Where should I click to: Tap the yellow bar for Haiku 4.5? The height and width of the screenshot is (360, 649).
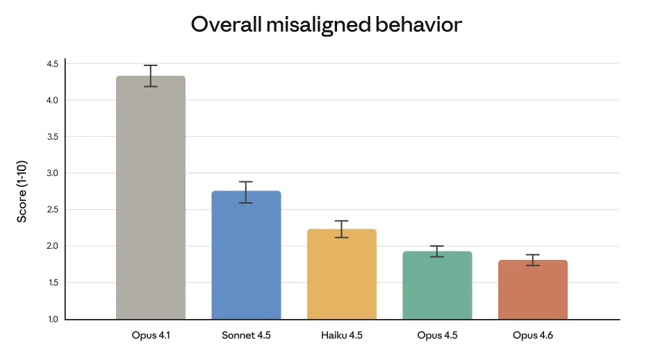pyautogui.click(x=341, y=274)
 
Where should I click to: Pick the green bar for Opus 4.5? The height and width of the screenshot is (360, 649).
pyautogui.click(x=437, y=285)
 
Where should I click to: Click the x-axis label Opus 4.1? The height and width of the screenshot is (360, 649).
pyautogui.click(x=151, y=336)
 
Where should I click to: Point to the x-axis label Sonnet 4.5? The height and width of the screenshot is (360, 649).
pyautogui.click(x=246, y=336)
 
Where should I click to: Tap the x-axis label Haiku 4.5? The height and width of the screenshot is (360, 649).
pyautogui.click(x=341, y=336)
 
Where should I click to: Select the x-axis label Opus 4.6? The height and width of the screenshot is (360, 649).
pyautogui.click(x=532, y=336)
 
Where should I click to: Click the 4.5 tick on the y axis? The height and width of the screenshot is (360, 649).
pyautogui.click(x=52, y=64)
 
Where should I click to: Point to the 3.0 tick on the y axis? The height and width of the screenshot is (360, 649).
pyautogui.click(x=52, y=173)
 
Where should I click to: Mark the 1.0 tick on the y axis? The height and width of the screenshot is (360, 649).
pyautogui.click(x=52, y=319)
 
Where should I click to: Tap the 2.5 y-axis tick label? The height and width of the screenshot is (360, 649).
pyautogui.click(x=52, y=210)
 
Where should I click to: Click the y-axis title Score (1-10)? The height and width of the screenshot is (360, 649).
pyautogui.click(x=22, y=191)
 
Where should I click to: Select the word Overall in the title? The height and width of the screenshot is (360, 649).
pyautogui.click(x=226, y=25)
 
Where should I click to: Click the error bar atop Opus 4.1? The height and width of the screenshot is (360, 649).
pyautogui.click(x=151, y=76)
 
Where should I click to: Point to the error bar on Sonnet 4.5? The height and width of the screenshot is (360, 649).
pyautogui.click(x=246, y=192)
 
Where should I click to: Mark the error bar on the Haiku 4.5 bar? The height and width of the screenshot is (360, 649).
pyautogui.click(x=341, y=229)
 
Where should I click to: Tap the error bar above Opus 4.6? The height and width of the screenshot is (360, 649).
pyautogui.click(x=532, y=260)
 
